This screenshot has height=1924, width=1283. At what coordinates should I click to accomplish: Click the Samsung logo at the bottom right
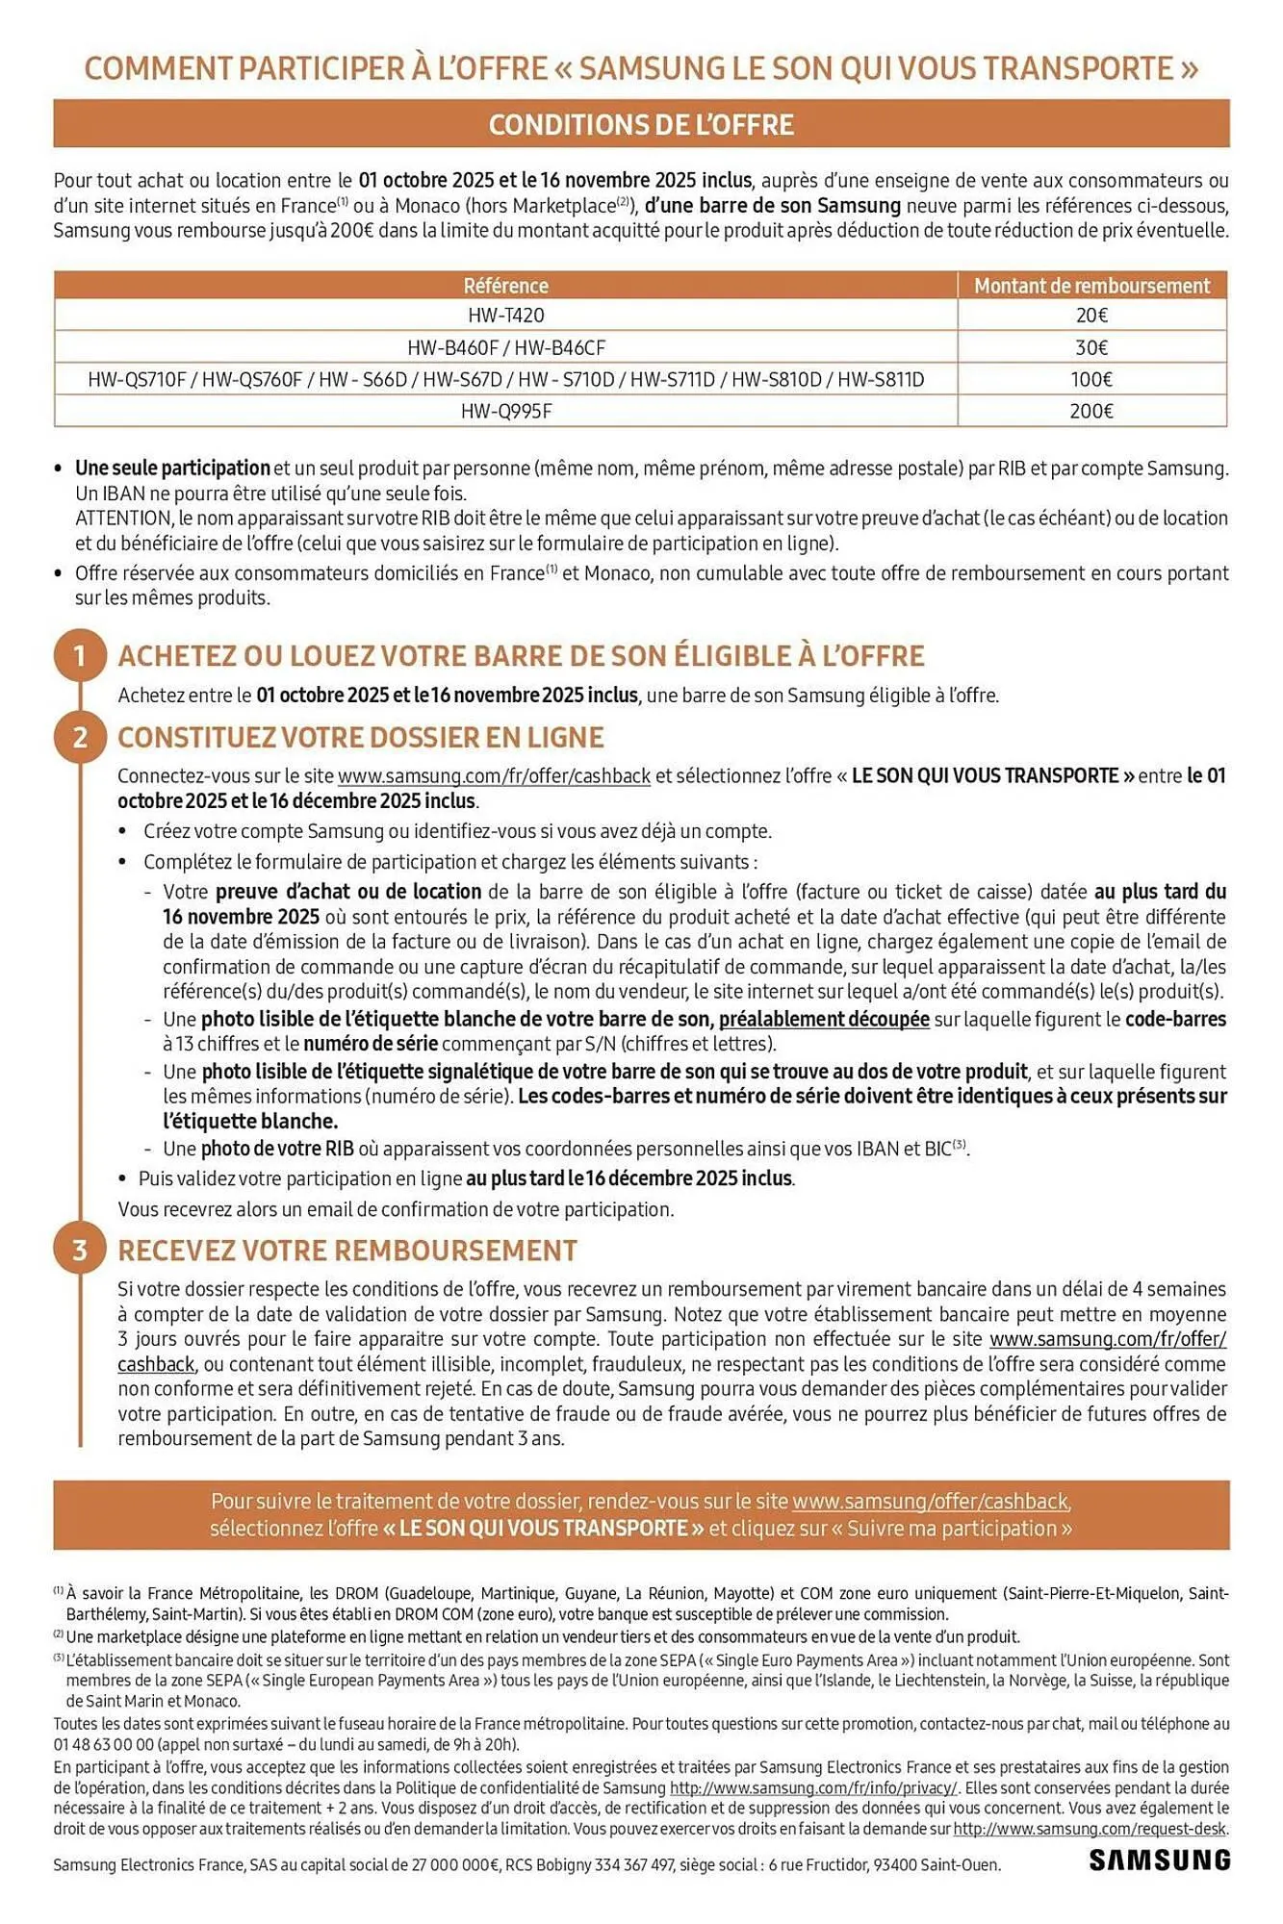(x=1159, y=1860)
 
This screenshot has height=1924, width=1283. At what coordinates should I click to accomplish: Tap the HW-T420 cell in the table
(x=506, y=315)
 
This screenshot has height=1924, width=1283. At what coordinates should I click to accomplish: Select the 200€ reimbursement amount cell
(x=1091, y=411)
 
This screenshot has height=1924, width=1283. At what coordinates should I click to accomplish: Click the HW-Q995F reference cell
(x=506, y=411)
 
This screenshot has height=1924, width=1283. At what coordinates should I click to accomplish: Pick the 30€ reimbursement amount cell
(x=1091, y=347)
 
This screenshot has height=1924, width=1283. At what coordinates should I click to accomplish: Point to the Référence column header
(x=506, y=286)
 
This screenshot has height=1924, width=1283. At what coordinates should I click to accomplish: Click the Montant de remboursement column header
(x=1091, y=286)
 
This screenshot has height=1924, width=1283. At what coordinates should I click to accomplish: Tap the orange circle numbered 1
(x=80, y=656)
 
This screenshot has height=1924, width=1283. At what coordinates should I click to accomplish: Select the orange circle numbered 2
(x=80, y=738)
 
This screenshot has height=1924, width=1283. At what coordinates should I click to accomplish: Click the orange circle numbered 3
(x=80, y=1250)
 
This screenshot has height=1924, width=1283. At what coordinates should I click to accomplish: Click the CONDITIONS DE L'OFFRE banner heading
(x=641, y=124)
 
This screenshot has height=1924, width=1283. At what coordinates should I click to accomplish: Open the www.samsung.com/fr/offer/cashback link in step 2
(x=494, y=776)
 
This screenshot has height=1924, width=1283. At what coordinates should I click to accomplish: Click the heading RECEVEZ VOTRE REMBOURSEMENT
(x=347, y=1251)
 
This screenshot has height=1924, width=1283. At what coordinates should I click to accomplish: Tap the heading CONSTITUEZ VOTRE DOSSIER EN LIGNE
(x=361, y=738)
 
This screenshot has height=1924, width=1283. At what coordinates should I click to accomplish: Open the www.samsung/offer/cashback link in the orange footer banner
(x=931, y=1501)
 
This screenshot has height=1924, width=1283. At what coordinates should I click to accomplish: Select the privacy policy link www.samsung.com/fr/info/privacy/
(x=813, y=1787)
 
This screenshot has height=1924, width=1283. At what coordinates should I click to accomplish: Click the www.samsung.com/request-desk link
(x=1091, y=1829)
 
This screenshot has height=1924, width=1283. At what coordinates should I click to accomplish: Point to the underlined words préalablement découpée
(x=824, y=1020)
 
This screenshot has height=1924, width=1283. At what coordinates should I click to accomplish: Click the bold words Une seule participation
(x=173, y=468)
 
